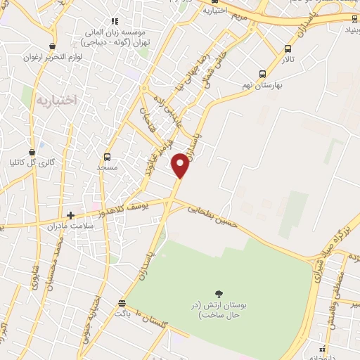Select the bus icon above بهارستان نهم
tap(262, 74)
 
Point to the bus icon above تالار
tap(288, 49)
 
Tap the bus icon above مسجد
tap(108, 157)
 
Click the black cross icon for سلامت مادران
tap(70, 214)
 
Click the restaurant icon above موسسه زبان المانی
tap(115, 22)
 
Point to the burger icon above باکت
tap(122, 303)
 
